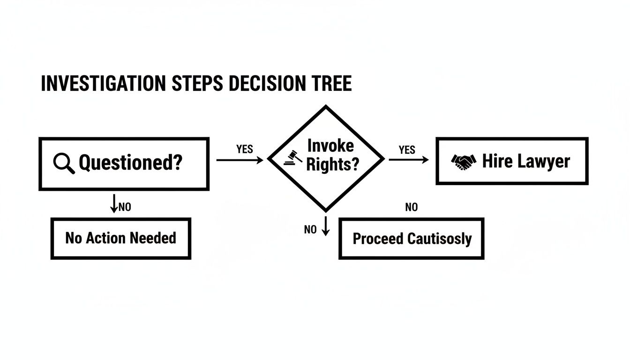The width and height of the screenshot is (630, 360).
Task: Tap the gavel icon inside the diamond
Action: [x=292, y=158]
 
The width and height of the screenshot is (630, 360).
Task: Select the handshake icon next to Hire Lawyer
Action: [x=464, y=162]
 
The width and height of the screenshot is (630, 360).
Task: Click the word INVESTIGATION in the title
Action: [x=103, y=83]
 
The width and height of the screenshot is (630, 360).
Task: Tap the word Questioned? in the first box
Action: [x=130, y=163]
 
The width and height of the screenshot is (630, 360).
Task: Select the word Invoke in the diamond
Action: [x=330, y=146]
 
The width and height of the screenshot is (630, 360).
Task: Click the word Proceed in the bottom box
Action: [x=378, y=239]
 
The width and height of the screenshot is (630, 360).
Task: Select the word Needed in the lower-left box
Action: [x=153, y=238]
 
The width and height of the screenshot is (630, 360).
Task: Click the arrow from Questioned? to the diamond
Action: [x=240, y=160]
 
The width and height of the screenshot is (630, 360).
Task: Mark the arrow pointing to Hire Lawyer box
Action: [x=409, y=160]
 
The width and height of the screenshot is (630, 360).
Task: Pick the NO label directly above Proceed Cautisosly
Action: [x=411, y=207]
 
